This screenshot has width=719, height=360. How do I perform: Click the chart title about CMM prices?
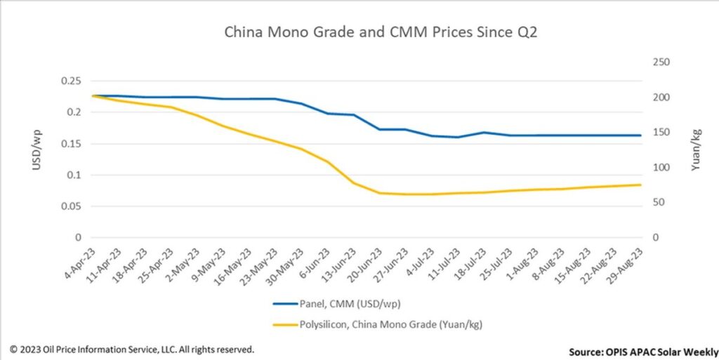click(380, 32)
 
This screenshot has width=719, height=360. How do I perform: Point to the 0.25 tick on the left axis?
click(71, 81)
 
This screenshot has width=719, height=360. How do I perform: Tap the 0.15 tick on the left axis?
click(71, 144)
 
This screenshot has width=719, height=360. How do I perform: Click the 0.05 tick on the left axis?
click(71, 206)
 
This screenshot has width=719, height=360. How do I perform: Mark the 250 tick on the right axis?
click(661, 62)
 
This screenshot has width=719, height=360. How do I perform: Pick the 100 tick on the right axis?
click(661, 168)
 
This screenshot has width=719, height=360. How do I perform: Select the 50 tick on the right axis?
click(659, 202)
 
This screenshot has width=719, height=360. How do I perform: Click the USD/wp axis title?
click(37, 150)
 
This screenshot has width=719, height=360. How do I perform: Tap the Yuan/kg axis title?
click(696, 150)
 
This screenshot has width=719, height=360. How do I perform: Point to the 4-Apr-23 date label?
click(81, 265)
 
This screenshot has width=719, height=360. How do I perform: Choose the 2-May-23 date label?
click(185, 265)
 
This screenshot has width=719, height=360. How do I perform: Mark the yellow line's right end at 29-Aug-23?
click(640, 185)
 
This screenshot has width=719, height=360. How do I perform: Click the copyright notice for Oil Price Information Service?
click(131, 349)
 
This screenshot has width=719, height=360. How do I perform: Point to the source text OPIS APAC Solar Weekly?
click(644, 352)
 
